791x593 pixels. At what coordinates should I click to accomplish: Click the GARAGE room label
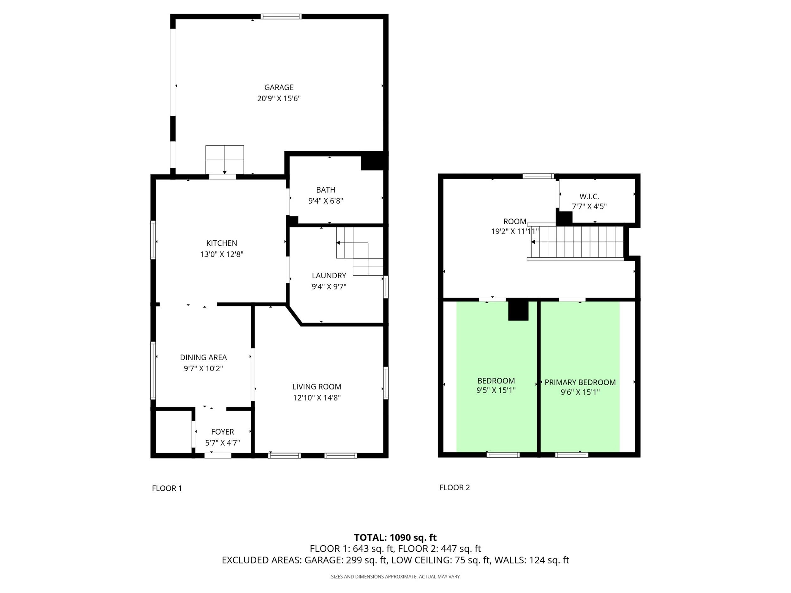(x=279, y=87)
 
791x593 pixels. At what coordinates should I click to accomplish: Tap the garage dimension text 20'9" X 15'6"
(x=279, y=98)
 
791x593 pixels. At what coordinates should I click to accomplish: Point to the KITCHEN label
(x=222, y=243)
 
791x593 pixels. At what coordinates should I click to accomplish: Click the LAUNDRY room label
(x=329, y=275)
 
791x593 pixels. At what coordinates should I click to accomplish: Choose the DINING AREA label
(x=203, y=357)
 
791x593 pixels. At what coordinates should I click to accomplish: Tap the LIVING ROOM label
(x=317, y=387)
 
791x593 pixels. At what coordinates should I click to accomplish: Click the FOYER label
(x=222, y=432)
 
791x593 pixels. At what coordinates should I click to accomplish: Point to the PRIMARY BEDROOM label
(x=580, y=382)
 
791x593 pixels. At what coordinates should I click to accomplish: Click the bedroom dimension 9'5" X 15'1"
(x=496, y=390)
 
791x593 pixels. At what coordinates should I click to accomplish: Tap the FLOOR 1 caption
(x=167, y=488)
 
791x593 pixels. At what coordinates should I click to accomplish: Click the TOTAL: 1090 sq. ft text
(x=395, y=538)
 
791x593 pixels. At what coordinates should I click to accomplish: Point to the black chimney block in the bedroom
(x=518, y=309)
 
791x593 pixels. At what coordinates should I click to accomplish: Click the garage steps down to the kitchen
(x=225, y=159)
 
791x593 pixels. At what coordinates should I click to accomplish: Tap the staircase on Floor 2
(x=577, y=242)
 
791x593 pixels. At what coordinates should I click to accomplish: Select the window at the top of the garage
(x=281, y=16)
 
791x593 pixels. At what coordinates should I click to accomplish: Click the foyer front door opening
(x=218, y=455)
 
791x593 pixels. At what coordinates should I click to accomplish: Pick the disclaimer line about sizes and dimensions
(x=395, y=577)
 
